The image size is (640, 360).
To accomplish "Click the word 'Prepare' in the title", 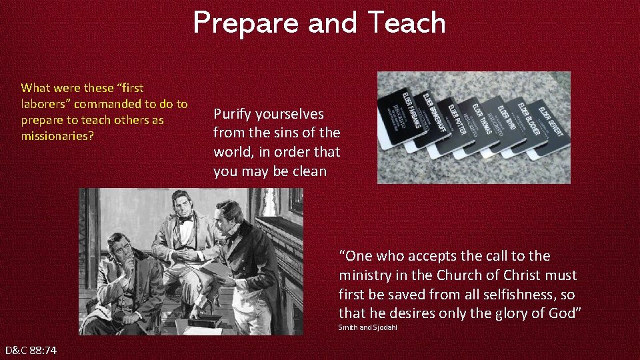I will pyautogui.click(x=247, y=23).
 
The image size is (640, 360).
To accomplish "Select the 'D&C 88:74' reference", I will pyautogui.click(x=31, y=350).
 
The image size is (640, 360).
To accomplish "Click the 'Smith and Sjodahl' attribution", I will pyautogui.click(x=367, y=327).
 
